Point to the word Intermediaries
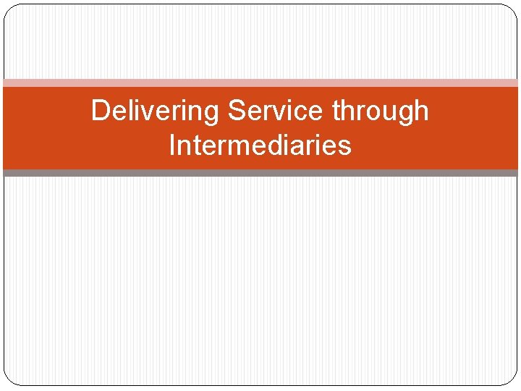tap(260, 146)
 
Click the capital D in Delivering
tap(101, 112)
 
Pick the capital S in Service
tap(236, 112)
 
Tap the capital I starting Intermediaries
tap(171, 146)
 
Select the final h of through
tap(420, 112)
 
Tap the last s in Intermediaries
tap(344, 147)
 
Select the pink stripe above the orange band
tap(260, 83)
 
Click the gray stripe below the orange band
tap(260, 173)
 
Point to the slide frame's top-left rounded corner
tap(9, 9)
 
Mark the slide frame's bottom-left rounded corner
tap(9, 380)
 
